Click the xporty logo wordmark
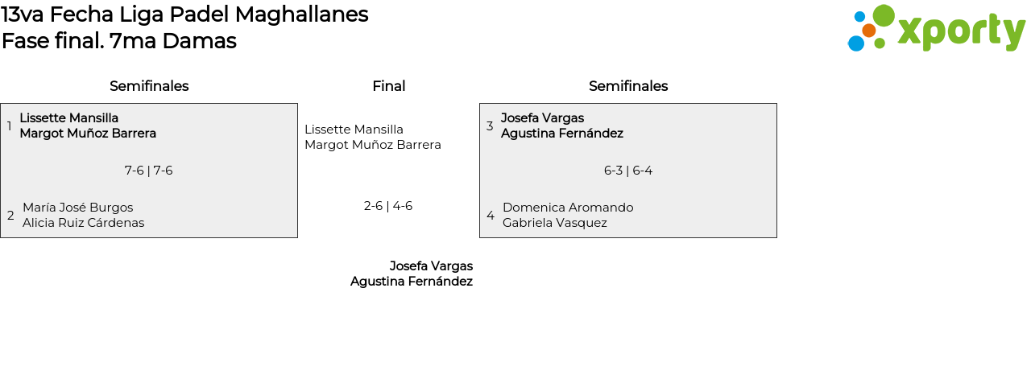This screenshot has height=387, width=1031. [961, 31]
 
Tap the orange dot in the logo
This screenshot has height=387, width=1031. [868, 31]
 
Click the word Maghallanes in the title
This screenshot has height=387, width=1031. [301, 14]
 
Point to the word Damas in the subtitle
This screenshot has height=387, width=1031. [199, 41]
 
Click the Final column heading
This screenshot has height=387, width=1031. [389, 86]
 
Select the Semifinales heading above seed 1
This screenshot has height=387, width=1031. [149, 86]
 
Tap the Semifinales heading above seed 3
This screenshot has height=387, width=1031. [628, 86]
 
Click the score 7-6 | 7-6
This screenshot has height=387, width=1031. [149, 171]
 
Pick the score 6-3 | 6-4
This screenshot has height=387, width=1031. [628, 171]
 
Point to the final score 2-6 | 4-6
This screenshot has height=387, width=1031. [388, 206]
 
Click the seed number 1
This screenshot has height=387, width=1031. [9, 126]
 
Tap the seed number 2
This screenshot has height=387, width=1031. [10, 215]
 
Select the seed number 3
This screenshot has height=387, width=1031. [490, 126]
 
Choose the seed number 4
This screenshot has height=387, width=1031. [491, 215]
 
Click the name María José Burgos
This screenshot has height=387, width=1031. [78, 208]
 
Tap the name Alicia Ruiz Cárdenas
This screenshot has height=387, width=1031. [83, 223]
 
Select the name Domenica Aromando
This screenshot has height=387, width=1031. [568, 208]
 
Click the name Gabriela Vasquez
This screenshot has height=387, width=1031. [555, 223]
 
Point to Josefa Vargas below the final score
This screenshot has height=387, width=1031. [431, 266]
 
